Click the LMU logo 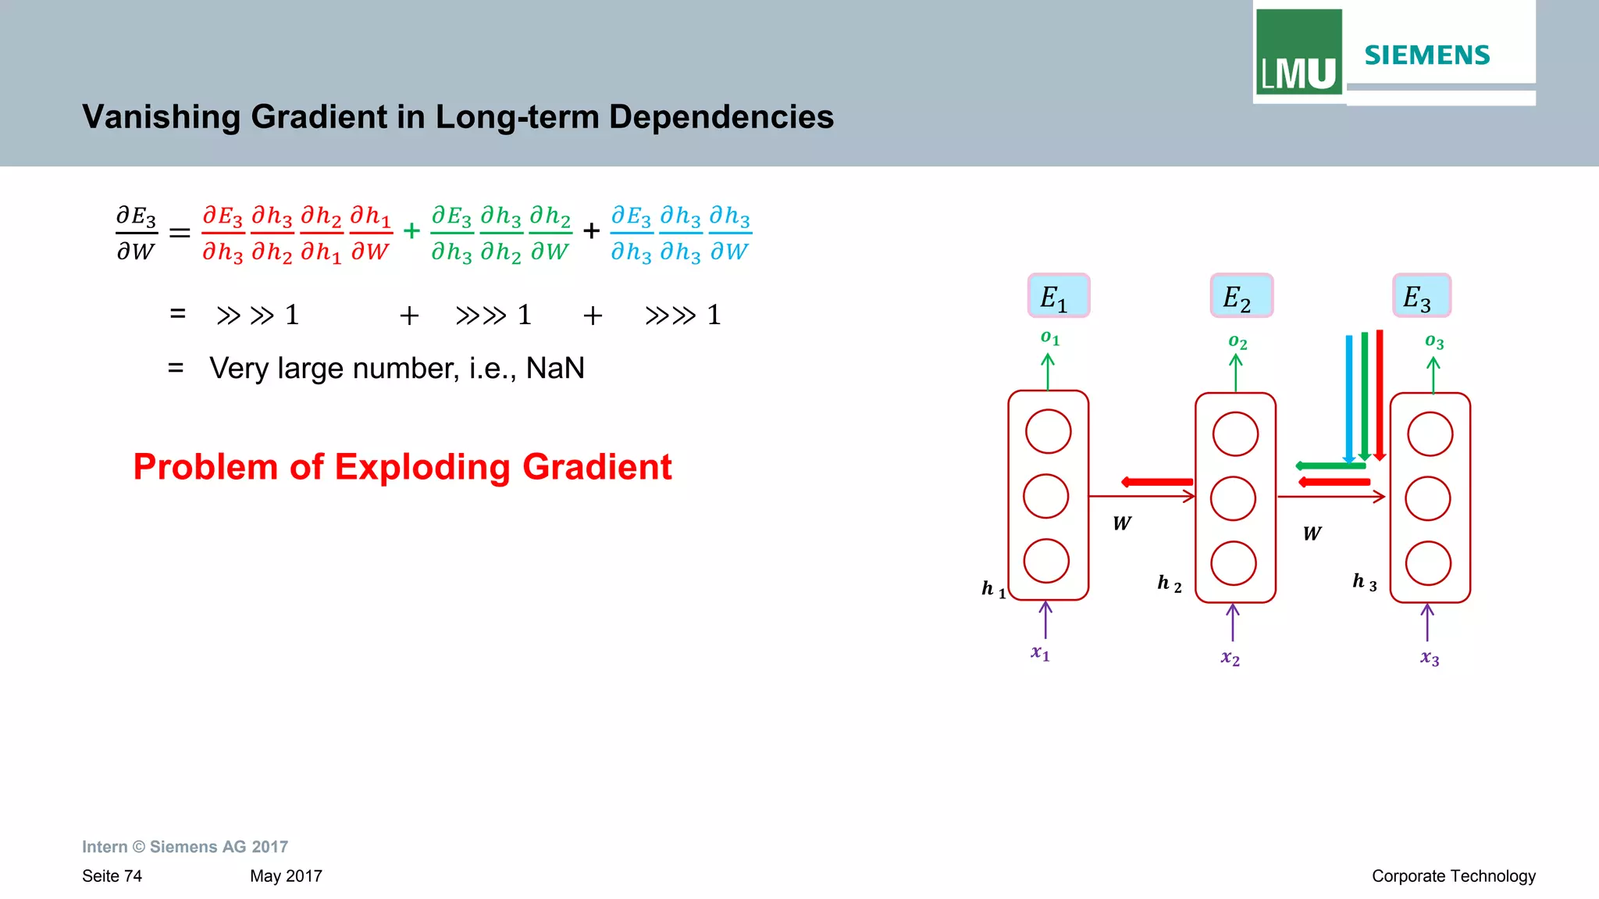pos(1298,53)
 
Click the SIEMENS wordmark pos(1426,55)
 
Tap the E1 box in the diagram pos(1058,296)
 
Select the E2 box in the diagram pos(1241,296)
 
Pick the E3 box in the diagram pos(1421,296)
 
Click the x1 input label pos(1041,653)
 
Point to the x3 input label pos(1430,658)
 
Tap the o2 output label pos(1238,342)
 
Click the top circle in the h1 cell pos(1048,431)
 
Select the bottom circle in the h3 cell pos(1428,563)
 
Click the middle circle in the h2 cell pos(1233,498)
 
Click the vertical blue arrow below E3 pos(1348,398)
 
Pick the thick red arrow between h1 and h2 pos(1157,482)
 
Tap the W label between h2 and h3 pos(1312,533)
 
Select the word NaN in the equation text pos(555,368)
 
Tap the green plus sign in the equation pos(411,231)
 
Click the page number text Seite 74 pos(112,876)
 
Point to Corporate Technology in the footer pos(1453,876)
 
